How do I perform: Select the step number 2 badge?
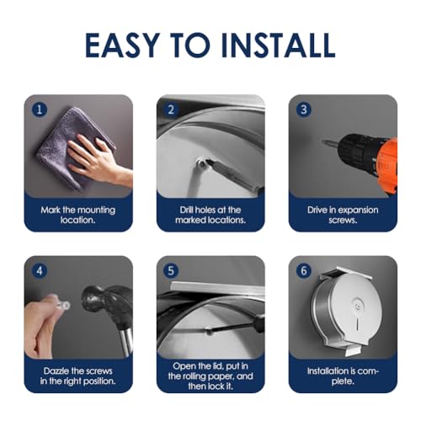tap(172, 108)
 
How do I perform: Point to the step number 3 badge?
tap(304, 108)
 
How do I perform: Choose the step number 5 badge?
tap(172, 269)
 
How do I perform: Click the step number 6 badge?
tap(304, 269)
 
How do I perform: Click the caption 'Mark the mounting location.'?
tap(78, 214)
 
